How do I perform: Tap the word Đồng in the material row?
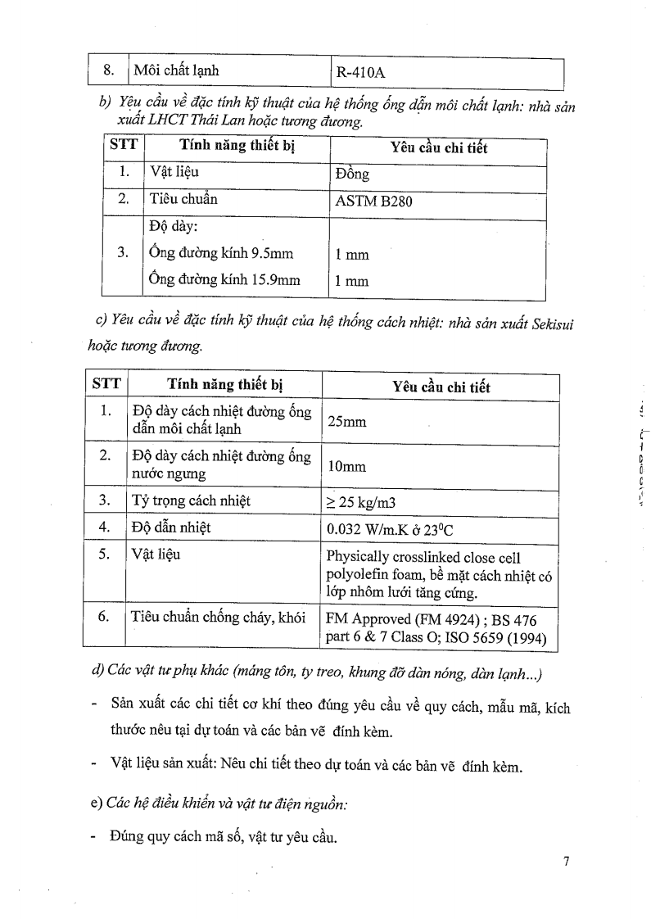353,174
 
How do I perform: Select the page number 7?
565,862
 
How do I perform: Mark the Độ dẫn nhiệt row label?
171,527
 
